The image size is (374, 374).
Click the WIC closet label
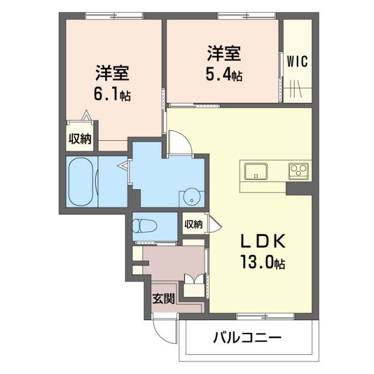(297, 61)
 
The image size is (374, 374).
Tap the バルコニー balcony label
(247, 338)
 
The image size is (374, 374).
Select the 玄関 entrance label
(164, 299)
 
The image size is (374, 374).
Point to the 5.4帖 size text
(224, 75)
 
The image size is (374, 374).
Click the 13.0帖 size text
(261, 263)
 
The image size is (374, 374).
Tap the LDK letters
(262, 241)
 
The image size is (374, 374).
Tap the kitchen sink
(256, 172)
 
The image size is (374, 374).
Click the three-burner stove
(298, 171)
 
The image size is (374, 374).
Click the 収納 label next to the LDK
(193, 224)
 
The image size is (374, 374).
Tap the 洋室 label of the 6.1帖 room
(113, 74)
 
